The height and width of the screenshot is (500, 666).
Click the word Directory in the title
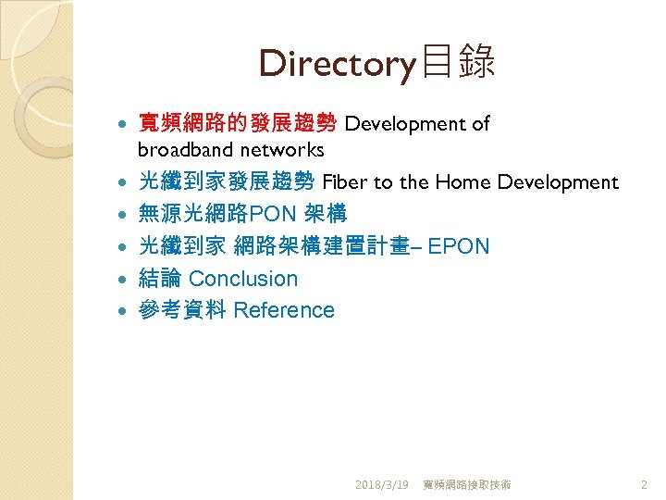click(x=339, y=64)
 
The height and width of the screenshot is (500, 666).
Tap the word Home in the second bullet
click(x=465, y=182)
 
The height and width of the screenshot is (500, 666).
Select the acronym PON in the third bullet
click(x=269, y=215)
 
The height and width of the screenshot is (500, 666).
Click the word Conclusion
click(x=243, y=279)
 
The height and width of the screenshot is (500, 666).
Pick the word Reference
click(x=284, y=310)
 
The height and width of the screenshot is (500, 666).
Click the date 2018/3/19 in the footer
click(x=382, y=484)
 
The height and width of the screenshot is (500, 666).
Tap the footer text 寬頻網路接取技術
click(x=466, y=484)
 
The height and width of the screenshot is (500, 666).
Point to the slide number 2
click(x=645, y=484)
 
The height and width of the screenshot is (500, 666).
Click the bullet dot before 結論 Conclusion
click(x=124, y=279)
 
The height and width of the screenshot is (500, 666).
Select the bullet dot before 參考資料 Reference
click(x=124, y=310)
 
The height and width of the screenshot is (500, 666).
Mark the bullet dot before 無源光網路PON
click(x=124, y=215)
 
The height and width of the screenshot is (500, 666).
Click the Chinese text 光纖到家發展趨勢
click(x=226, y=182)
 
